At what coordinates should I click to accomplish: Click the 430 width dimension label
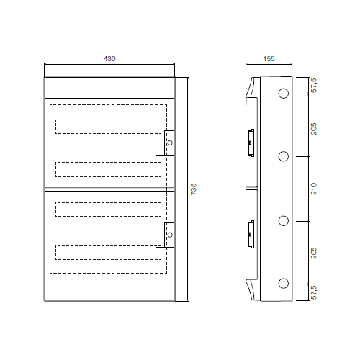(x=109, y=58)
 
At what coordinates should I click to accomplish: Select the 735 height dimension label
(x=193, y=189)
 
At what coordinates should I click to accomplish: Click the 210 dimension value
(x=314, y=189)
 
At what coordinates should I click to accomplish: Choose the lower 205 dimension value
(x=314, y=252)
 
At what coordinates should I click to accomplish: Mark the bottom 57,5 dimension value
(x=314, y=292)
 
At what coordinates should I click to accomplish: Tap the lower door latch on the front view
(x=166, y=234)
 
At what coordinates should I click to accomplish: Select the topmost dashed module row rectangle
(x=108, y=127)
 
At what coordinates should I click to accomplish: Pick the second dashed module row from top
(x=108, y=169)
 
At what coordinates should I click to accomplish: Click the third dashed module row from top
(x=108, y=210)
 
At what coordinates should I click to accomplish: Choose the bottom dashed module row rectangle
(x=108, y=253)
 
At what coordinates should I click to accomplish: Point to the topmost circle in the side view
(x=283, y=94)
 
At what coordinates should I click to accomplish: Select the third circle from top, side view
(x=283, y=220)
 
